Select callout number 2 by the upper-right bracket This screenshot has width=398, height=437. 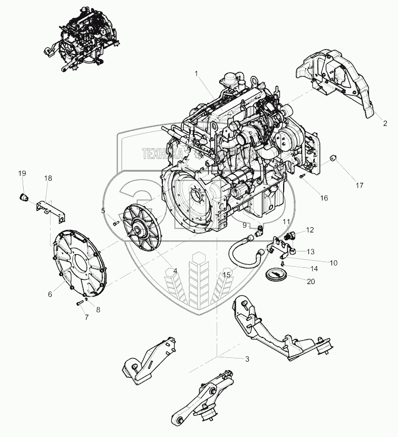[x=385, y=123]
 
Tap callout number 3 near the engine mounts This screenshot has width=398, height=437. [x=247, y=359]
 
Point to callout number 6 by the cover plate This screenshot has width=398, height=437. [x=50, y=294]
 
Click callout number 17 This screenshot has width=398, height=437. [x=359, y=185]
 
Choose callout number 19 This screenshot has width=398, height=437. [x=22, y=173]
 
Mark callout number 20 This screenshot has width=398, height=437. [x=311, y=281]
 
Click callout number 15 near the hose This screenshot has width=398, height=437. [x=227, y=274]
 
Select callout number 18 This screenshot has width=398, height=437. [x=48, y=179]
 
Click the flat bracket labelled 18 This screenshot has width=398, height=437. [x=50, y=209]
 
